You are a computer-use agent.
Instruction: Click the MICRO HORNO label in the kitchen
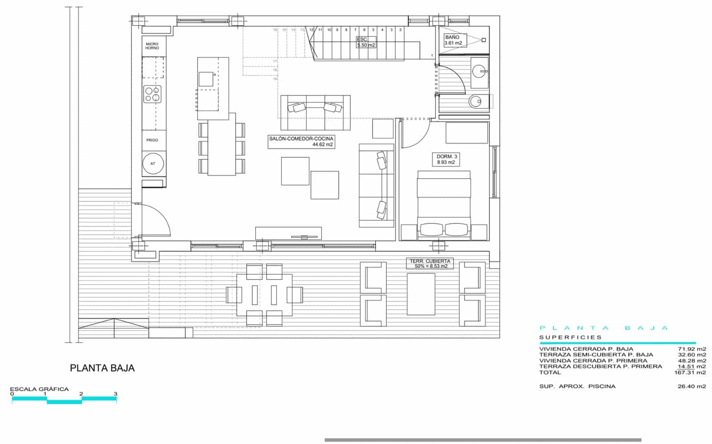point(152,46)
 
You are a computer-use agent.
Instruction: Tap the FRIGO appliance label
point(152,140)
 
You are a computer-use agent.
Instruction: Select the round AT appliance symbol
point(153,164)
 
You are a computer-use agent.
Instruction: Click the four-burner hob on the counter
point(152,94)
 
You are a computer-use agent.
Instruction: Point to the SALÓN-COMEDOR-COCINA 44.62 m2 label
point(301,141)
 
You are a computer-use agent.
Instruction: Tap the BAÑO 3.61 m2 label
point(453,40)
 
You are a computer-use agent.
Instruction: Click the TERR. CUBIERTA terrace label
point(429,264)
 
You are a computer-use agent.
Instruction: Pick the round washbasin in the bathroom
point(480,71)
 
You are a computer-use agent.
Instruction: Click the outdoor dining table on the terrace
point(264,295)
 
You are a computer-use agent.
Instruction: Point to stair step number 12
point(311,30)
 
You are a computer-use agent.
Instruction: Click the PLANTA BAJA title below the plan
point(102,368)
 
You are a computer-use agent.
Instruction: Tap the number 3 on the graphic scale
point(115,394)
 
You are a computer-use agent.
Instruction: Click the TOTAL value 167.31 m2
point(690,372)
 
